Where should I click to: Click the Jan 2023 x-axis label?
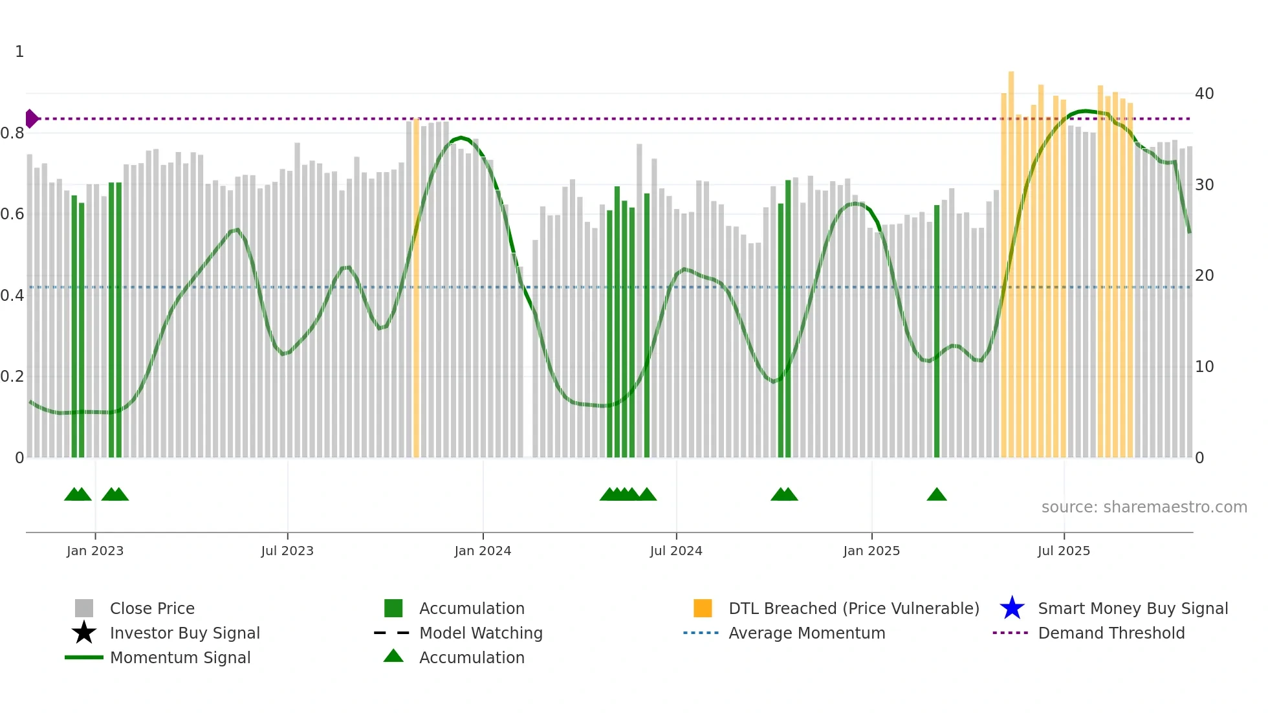94,551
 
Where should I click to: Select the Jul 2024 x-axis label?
675,551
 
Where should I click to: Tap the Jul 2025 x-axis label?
1064,551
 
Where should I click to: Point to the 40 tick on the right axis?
1204,94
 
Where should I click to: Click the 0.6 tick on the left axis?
12,214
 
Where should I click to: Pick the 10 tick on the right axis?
1204,367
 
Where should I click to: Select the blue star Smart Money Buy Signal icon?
1012,608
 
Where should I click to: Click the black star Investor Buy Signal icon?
84,633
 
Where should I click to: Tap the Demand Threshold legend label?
1111,633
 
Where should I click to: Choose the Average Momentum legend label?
806,633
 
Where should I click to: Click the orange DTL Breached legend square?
703,608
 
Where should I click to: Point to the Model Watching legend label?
481,633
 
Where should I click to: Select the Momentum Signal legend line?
84,657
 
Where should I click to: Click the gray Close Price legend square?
84,608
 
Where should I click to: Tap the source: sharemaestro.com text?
1144,507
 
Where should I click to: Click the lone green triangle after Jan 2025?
936,495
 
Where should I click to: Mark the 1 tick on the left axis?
19,52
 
